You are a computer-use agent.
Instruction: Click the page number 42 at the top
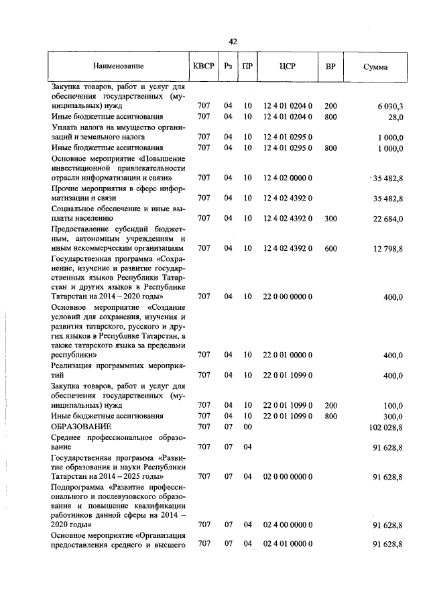pos(233,42)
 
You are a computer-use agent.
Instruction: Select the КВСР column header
pos(204,67)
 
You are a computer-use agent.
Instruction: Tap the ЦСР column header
pos(287,67)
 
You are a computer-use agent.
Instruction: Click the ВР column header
pos(330,67)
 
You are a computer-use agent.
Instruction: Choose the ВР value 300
pos(330,219)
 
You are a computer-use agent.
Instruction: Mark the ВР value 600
pos(330,249)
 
